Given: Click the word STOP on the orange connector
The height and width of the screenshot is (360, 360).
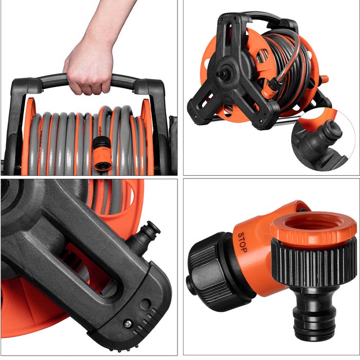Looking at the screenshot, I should (x=242, y=242).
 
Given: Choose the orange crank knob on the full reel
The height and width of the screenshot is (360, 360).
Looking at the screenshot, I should (x=323, y=80).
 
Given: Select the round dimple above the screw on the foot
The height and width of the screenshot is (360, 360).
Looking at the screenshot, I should (x=146, y=304).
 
